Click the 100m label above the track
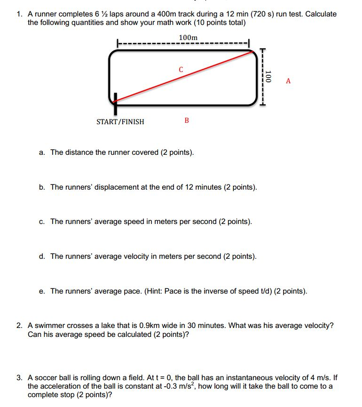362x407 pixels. click(189, 38)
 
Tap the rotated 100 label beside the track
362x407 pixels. click(268, 77)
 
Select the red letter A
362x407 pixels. click(288, 81)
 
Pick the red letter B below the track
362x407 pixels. click(187, 120)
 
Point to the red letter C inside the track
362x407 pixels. click(181, 70)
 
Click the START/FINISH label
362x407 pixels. click(120, 122)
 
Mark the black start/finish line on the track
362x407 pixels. click(114, 103)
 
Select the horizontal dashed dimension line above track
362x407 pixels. click(183, 44)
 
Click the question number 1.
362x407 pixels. click(19, 14)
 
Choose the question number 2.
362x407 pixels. click(19, 325)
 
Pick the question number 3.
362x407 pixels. click(19, 377)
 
